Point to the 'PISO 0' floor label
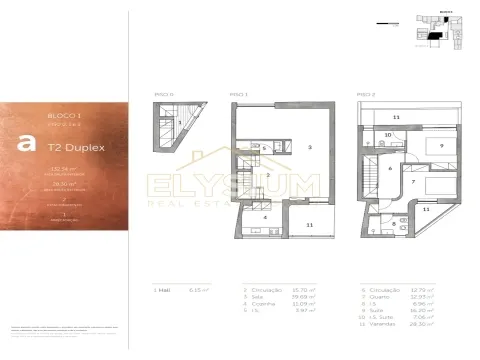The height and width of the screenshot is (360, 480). coord(164,93)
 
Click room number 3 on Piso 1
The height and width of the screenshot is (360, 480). coord(310,147)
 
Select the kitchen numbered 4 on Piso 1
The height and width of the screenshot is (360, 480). coord(265,216)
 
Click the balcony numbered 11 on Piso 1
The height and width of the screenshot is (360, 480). coord(309,226)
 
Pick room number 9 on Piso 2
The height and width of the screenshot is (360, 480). coord(441,145)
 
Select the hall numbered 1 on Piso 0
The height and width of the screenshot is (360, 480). coord(179,123)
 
